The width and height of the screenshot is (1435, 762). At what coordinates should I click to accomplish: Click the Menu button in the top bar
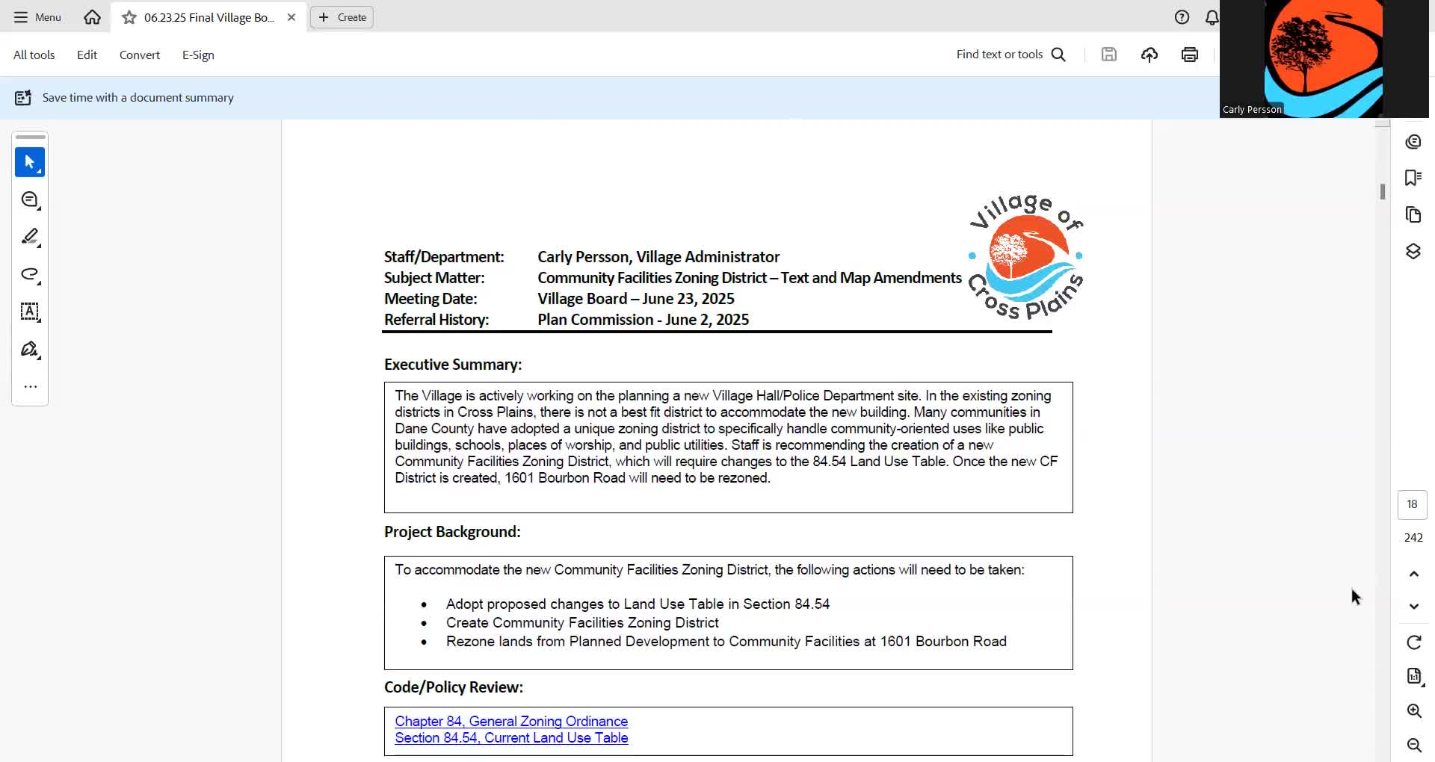pos(37,17)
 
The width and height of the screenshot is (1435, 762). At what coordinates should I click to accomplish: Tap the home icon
pos(92,17)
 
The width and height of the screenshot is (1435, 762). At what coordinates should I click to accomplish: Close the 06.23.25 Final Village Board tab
pos(291,17)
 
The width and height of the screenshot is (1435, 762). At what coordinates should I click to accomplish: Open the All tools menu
pos(34,55)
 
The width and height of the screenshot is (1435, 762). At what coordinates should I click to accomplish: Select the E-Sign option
pos(198,55)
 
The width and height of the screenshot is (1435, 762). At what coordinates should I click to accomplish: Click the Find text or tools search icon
pos(1058,55)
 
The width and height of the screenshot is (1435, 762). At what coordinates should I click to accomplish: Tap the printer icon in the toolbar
pos(1190,55)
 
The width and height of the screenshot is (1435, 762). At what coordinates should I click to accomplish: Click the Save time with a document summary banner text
pos(138,98)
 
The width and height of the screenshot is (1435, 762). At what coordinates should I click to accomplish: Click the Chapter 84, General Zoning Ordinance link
pos(511,721)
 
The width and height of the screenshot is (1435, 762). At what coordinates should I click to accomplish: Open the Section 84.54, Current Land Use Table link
pos(511,737)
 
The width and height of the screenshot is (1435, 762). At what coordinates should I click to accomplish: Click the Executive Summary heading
pos(453,365)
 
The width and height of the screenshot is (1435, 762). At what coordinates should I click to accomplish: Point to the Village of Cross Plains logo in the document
pos(1025,256)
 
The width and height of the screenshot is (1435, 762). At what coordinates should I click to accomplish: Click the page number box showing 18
pos(1412,504)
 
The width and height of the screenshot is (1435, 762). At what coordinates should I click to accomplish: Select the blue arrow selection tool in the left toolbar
pos(30,162)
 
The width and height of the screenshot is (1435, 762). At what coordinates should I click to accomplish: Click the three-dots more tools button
pos(31,387)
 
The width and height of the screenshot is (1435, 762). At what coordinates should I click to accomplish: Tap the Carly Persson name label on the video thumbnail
pos(1252,110)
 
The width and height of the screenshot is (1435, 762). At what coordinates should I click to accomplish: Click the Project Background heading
pos(452,532)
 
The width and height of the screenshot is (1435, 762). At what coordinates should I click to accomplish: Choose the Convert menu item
pos(140,55)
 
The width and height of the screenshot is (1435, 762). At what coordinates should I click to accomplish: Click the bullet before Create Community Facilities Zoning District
pos(424,623)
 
